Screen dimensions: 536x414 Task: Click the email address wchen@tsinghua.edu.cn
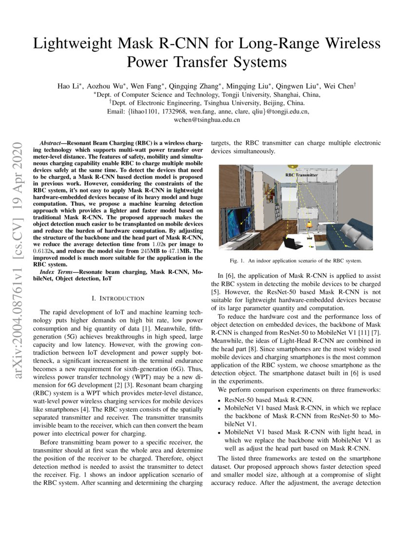(x=207, y=119)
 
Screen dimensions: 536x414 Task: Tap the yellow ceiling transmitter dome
(x=291, y=167)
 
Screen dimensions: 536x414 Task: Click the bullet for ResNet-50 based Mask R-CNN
(x=220, y=399)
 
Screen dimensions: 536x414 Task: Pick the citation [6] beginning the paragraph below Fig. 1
(x=231, y=276)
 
